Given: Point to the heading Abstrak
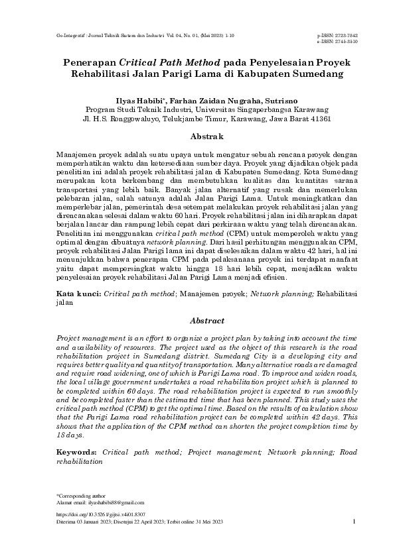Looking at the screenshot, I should [x=198, y=136].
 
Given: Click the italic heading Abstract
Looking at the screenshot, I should [x=198, y=320].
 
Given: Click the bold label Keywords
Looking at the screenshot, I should [x=78, y=451].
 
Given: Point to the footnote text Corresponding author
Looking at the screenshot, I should [x=78, y=496].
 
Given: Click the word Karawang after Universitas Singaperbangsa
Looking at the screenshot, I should [x=305, y=109].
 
